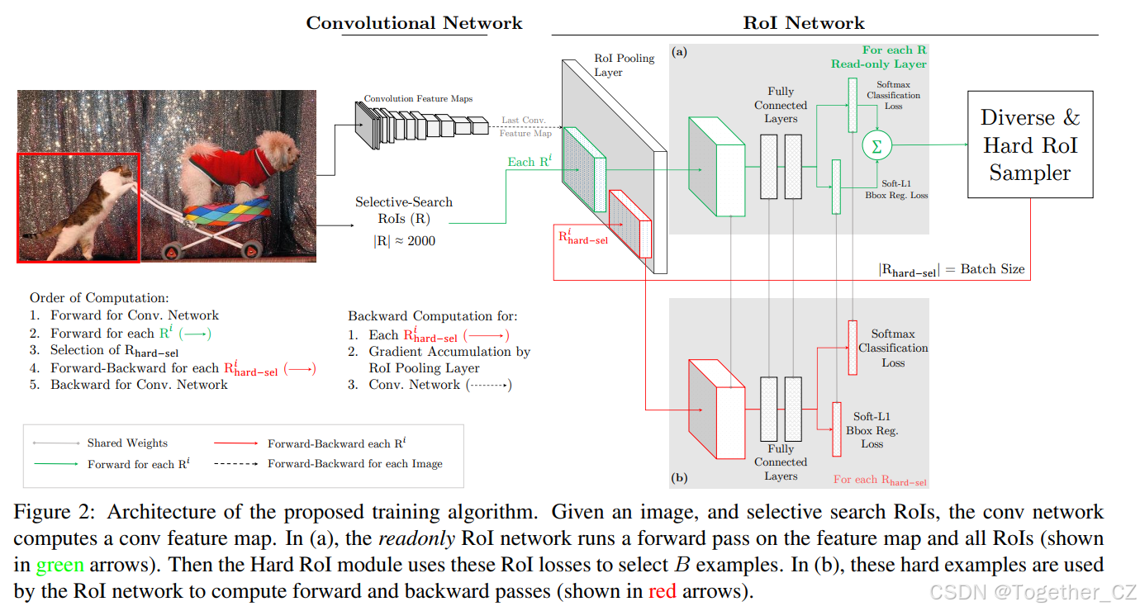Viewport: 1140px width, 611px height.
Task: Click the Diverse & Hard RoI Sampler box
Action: tap(1029, 144)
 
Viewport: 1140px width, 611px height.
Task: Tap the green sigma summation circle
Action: tap(876, 145)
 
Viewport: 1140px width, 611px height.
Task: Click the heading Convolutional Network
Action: tap(414, 22)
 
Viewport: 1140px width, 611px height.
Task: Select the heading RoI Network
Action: tap(803, 22)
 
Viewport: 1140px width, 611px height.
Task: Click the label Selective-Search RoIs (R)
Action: tap(392, 211)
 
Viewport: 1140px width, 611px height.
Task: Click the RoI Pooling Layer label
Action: tap(624, 65)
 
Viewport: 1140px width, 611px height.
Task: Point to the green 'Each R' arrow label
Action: tap(529, 162)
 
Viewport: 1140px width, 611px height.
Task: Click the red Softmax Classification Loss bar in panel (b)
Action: tap(853, 347)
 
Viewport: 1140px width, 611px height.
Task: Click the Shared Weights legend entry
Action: tap(127, 443)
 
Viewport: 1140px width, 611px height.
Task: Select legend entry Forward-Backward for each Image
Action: tap(354, 464)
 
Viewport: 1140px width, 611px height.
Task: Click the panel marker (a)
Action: tap(679, 51)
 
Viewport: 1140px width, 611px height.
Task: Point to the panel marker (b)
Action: tap(679, 477)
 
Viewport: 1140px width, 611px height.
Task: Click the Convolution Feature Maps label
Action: tap(418, 98)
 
